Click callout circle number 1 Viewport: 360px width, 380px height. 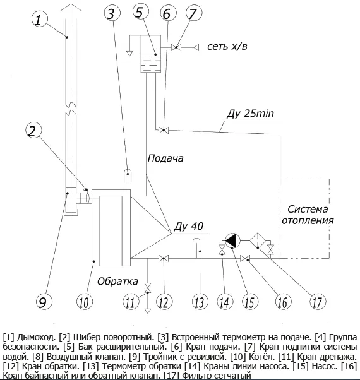click(40, 19)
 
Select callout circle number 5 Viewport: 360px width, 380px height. click(141, 12)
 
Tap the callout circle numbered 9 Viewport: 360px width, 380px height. click(44, 302)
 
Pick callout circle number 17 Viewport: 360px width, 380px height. click(318, 302)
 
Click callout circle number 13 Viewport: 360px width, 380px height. click(200, 302)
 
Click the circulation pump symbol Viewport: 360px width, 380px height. click(232, 240)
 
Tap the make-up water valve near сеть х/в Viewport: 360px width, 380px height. click(176, 47)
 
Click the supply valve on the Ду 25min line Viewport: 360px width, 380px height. click(164, 130)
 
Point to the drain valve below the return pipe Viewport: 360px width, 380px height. click(147, 288)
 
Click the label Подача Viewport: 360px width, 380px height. click(165, 158)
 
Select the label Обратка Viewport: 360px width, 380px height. click(118, 281)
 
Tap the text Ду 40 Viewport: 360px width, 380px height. click(189, 227)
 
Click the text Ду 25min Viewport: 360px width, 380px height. click(250, 113)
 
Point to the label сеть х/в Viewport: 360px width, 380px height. click(227, 46)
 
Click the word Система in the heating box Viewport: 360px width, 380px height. click(308, 209)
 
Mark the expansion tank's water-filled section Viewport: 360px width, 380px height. click(151, 63)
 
